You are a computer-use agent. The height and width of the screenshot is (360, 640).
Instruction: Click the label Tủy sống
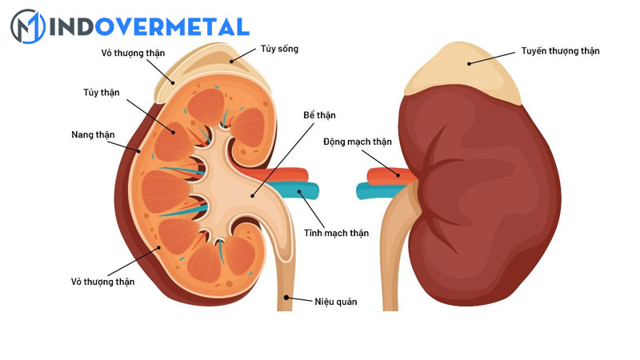point(278,49)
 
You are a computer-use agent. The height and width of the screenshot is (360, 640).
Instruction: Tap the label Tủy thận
point(100,93)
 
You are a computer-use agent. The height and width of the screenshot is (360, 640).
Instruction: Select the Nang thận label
point(90,134)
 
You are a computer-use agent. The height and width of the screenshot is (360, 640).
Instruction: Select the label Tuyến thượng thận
point(559,51)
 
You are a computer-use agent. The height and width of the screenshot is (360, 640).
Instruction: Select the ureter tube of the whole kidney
point(389,264)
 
